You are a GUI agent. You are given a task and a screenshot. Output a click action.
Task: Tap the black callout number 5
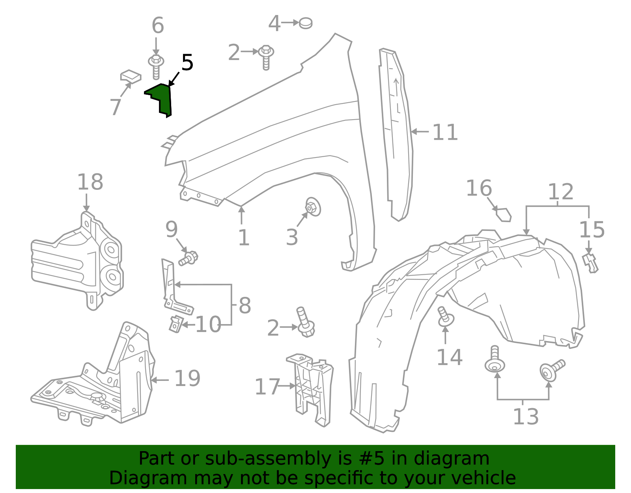(187, 63)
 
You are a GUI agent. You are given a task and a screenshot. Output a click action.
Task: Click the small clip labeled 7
(131, 76)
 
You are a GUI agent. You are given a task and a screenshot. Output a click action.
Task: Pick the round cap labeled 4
(306, 23)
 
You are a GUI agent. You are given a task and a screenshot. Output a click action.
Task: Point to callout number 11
(445, 133)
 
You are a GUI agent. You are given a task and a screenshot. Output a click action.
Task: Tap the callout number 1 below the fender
(244, 238)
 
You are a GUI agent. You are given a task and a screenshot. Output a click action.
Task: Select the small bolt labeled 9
(189, 259)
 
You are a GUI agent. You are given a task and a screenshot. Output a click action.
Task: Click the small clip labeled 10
(175, 324)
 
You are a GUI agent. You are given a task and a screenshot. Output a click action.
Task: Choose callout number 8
(245, 306)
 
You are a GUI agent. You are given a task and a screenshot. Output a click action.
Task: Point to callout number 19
(187, 379)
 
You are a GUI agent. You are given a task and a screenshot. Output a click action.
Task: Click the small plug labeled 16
(504, 215)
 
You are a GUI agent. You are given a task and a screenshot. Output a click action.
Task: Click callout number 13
(525, 417)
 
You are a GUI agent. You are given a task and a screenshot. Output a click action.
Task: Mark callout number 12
(560, 192)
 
